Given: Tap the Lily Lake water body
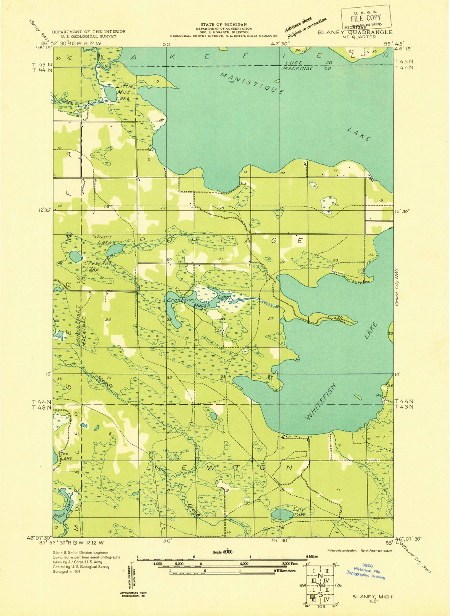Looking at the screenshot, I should click(282, 514).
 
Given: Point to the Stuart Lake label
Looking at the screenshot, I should click(102, 239).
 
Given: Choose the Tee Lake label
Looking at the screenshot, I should click(66, 456).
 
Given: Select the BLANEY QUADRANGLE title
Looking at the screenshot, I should click(355, 33).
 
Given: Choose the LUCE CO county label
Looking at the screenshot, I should click(308, 62).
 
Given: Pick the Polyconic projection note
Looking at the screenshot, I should click(360, 551).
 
